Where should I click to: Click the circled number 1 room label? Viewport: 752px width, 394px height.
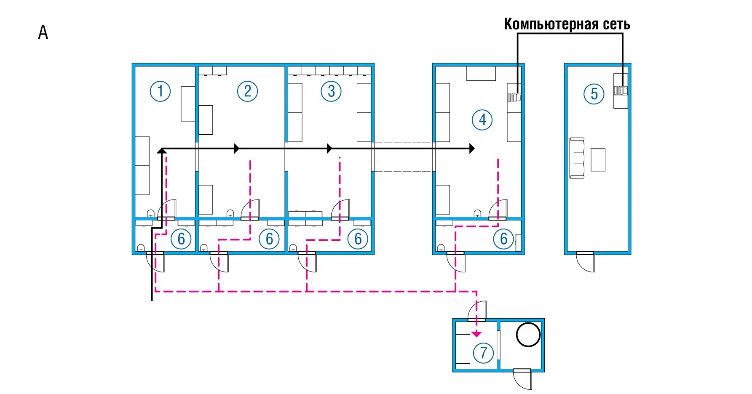click(160, 91)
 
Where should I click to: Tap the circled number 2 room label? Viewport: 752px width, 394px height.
click(247, 91)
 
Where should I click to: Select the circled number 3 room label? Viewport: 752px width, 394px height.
click(331, 91)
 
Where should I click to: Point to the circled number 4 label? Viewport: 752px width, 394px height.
click(482, 120)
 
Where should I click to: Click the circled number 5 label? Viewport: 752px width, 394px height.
click(594, 94)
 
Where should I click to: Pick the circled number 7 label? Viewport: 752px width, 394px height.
click(483, 353)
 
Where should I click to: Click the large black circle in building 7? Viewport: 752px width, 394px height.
click(528, 335)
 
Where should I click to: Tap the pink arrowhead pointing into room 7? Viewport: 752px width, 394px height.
click(476, 334)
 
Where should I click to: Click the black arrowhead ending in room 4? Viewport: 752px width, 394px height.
click(472, 148)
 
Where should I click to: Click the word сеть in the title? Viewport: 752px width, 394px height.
click(616, 24)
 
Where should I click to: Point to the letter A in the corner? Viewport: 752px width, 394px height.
click(43, 32)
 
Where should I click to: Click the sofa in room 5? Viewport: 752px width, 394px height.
click(577, 158)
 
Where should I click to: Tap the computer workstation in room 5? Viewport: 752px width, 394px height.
click(621, 91)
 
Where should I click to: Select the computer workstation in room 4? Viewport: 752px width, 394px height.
click(514, 98)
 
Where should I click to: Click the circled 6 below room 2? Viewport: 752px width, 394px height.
click(269, 239)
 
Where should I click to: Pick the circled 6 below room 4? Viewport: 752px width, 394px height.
click(503, 239)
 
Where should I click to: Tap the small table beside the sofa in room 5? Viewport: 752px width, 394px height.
click(598, 160)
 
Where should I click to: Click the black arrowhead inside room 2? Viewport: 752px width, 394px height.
click(237, 148)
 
